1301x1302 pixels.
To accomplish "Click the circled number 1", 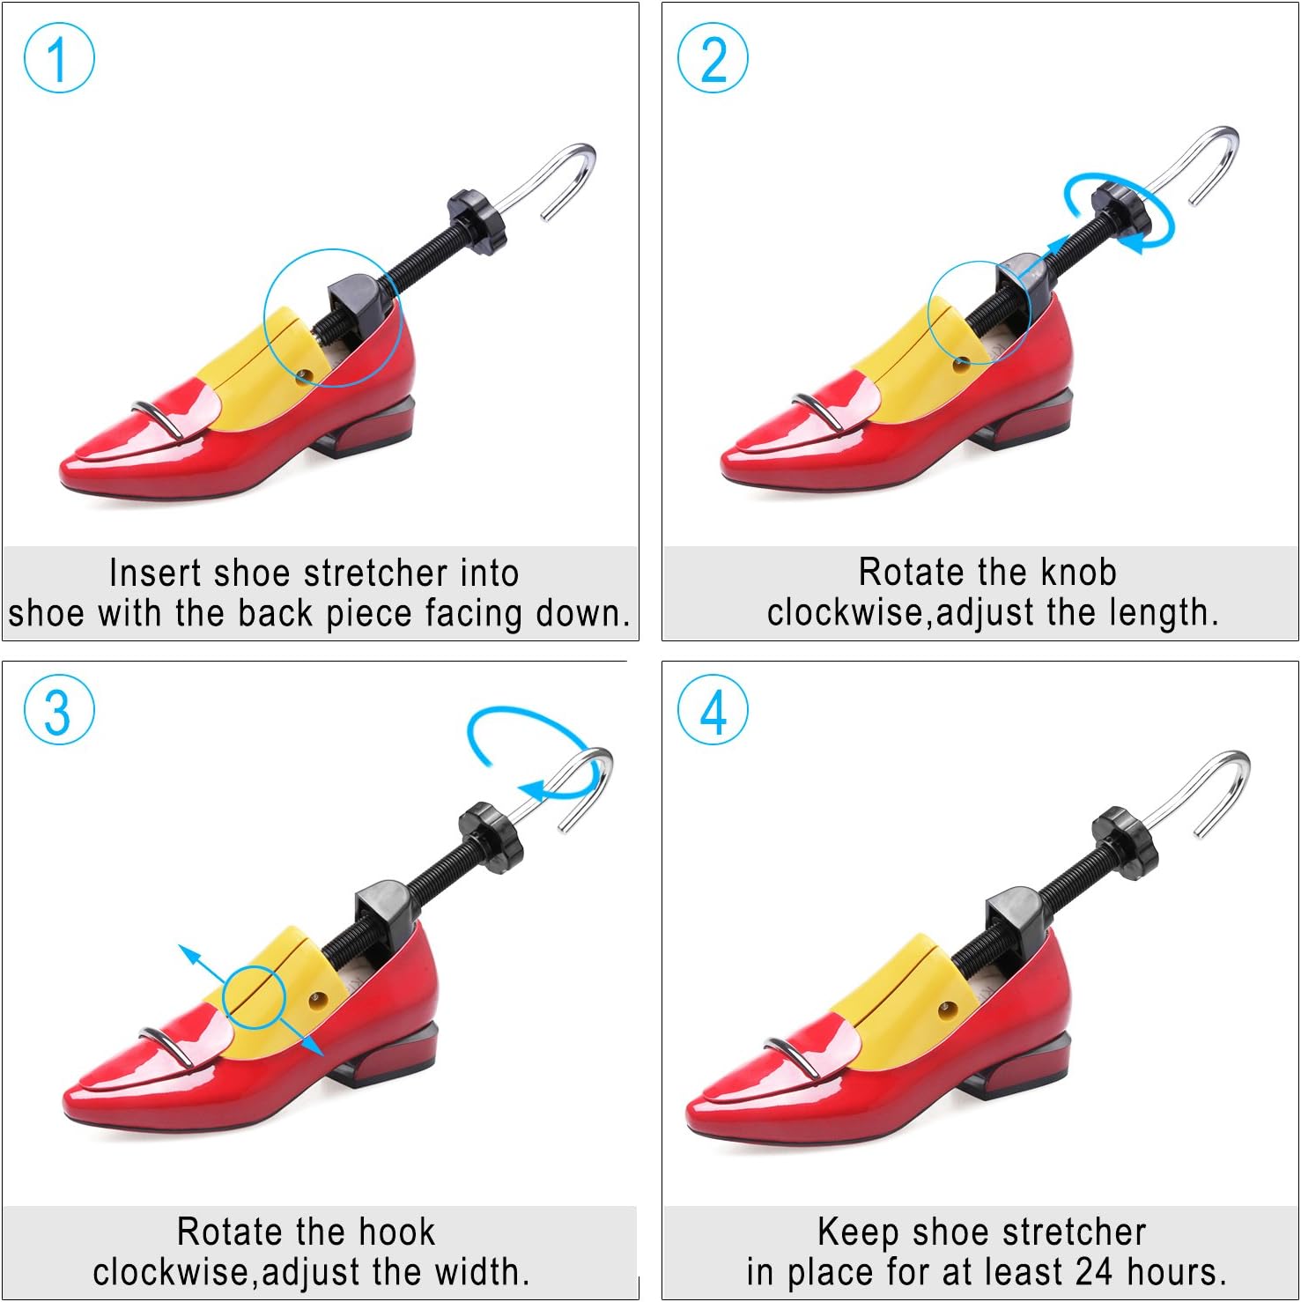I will tap(59, 58).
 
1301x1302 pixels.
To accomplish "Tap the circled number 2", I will tap(713, 58).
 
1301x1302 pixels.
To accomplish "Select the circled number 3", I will tap(59, 710).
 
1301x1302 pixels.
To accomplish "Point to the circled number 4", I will tap(713, 710).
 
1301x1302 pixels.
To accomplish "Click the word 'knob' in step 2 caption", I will tap(1078, 573).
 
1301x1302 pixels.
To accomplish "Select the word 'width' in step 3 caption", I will tap(477, 1272).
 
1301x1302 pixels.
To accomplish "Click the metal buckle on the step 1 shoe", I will tap(159, 418).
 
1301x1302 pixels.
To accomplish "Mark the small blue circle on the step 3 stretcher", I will tap(255, 997).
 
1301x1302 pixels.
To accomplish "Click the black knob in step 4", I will tap(1124, 841).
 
